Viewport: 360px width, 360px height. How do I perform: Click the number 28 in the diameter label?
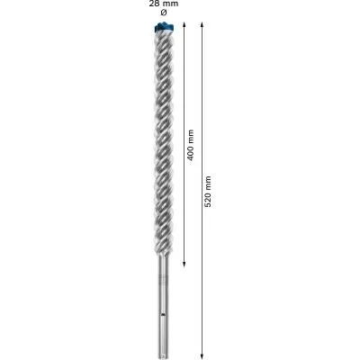[152, 4]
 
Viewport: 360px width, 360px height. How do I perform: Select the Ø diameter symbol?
[162, 14]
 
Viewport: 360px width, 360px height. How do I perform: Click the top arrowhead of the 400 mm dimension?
[184, 27]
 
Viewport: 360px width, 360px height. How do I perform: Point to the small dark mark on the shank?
[162, 315]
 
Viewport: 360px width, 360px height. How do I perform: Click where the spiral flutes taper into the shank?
[163, 259]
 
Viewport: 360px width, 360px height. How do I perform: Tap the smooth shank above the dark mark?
[163, 288]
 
